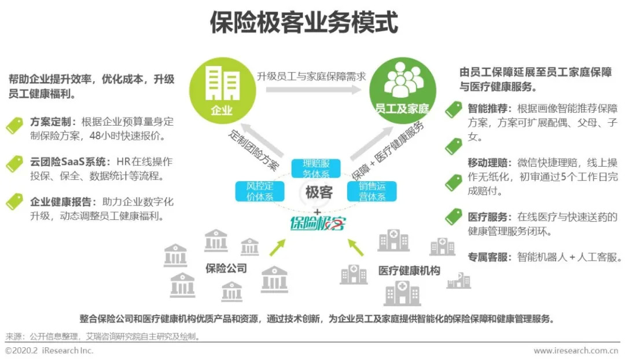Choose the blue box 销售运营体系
point(366,191)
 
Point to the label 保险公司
point(226,268)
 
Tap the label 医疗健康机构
point(409,270)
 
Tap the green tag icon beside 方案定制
point(14,125)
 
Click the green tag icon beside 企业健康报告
point(14,201)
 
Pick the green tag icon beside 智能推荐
point(453,109)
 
